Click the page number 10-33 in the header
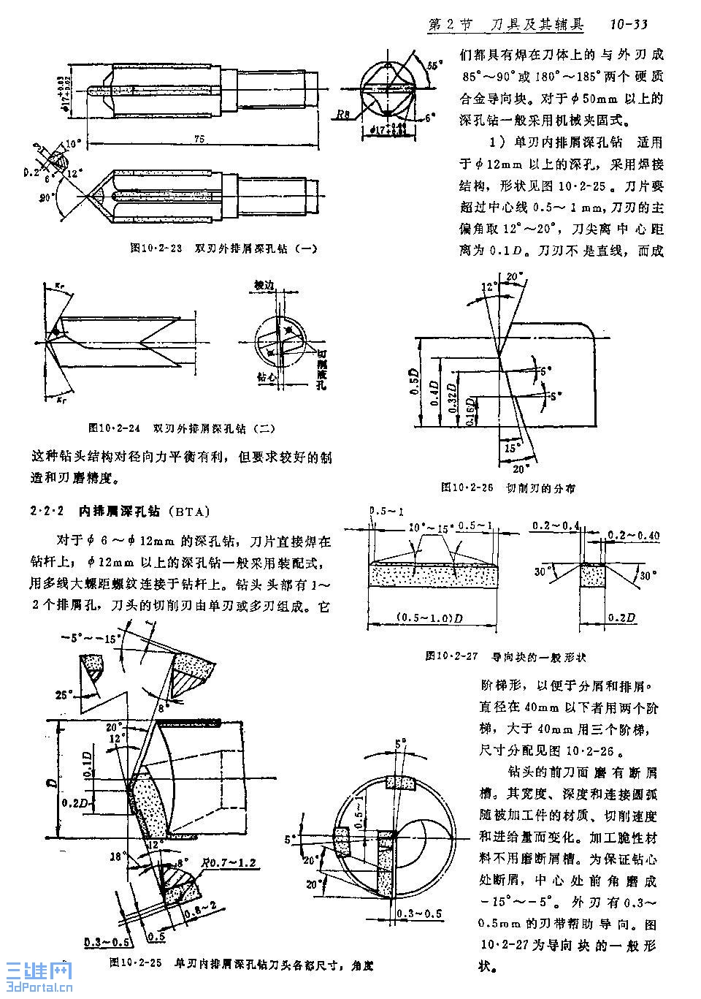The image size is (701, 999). click(629, 24)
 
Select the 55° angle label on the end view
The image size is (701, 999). click(435, 66)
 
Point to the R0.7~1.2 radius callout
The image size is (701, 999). click(231, 862)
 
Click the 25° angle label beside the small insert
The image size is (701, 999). click(66, 694)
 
